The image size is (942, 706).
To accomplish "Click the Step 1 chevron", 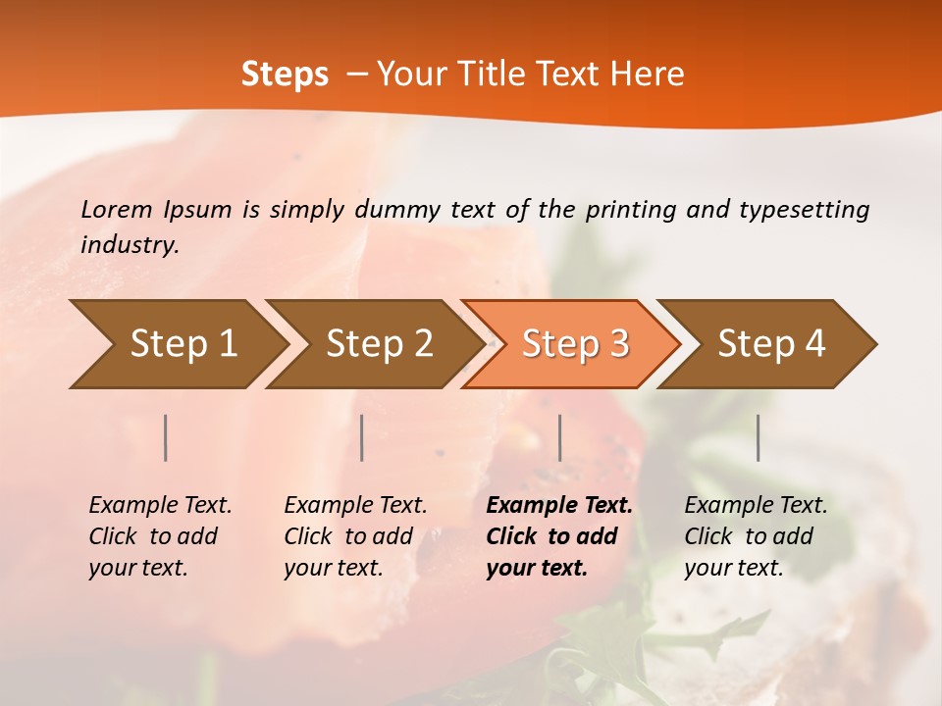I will coord(183,344).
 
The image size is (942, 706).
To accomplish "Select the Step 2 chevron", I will coord(379,344).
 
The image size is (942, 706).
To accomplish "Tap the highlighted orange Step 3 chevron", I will coord(575,344).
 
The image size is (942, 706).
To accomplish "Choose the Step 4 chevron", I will coord(771,344).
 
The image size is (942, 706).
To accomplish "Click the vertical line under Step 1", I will coord(166,437).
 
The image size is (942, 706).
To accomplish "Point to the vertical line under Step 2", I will coord(362,437).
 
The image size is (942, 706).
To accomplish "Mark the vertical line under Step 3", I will coord(559,437).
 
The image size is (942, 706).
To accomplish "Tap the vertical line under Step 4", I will coord(758,437).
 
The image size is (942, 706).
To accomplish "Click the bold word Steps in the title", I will coord(285,75).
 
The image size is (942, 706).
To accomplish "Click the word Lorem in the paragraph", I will coord(117,209).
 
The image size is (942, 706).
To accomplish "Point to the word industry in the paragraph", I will coord(130,244).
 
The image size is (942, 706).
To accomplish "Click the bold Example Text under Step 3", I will coord(559,506).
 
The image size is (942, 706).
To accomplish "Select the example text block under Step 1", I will coord(160,536).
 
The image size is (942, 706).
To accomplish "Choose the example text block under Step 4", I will coord(756,536).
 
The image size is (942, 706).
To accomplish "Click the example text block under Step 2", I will coord(355,536).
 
